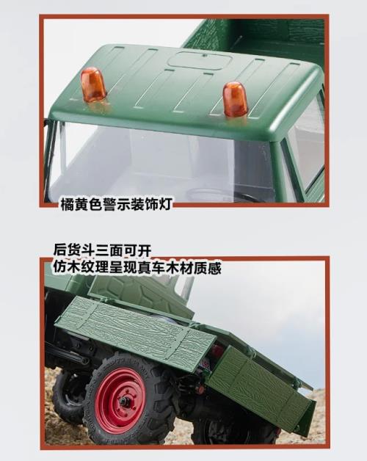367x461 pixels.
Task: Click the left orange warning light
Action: click(x=93, y=84)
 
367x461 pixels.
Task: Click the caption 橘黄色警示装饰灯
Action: click(x=116, y=204)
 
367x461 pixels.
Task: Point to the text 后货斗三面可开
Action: click(x=102, y=250)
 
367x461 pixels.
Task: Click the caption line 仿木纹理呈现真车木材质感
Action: click(x=137, y=267)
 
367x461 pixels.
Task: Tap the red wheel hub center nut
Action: click(x=123, y=400)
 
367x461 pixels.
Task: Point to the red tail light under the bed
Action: click(x=218, y=351)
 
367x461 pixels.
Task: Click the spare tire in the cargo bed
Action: click(x=138, y=294)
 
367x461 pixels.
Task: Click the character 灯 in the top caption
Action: click(x=165, y=204)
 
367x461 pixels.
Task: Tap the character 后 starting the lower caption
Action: click(x=60, y=250)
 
